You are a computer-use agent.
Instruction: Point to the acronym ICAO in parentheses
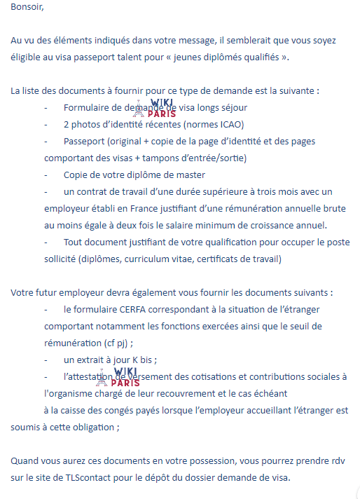(224, 125)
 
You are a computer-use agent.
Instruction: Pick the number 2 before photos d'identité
(66, 125)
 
